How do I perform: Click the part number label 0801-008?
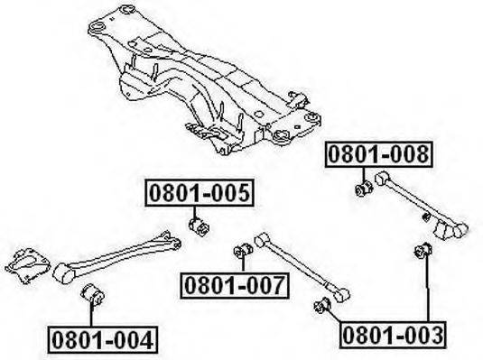(x=379, y=154)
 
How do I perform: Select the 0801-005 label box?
(x=200, y=193)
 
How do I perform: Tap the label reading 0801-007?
(x=235, y=285)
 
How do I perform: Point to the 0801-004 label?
(x=103, y=340)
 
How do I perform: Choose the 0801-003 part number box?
(x=393, y=336)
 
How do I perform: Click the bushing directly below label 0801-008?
(x=364, y=189)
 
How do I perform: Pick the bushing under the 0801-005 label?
(x=199, y=226)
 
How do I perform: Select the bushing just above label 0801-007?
(x=244, y=251)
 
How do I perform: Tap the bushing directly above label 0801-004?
(x=92, y=294)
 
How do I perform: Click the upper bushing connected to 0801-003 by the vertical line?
(x=423, y=250)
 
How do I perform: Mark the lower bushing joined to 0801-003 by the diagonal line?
(x=322, y=305)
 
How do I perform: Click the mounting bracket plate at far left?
(x=27, y=265)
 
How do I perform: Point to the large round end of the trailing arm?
(x=63, y=272)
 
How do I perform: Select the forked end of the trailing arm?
(x=169, y=239)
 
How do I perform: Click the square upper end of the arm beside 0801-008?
(x=382, y=178)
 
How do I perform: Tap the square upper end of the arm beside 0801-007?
(x=263, y=240)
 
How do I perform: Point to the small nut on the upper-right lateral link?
(x=426, y=217)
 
